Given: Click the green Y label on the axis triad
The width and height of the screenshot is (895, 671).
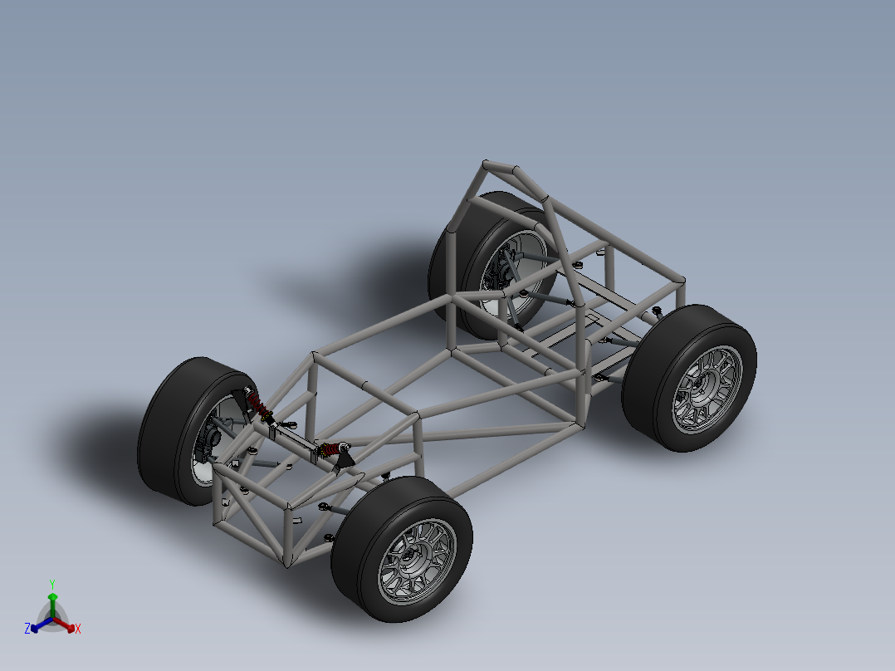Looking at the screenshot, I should coord(51,583).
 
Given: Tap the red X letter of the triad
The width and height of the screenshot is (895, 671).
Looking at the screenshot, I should coord(78,629).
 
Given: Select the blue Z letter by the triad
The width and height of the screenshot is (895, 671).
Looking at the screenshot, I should coord(27,629).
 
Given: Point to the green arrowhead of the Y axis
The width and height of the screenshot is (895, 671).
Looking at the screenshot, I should coord(51,597).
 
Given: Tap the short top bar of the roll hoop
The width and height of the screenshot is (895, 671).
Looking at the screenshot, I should coord(501,166).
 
